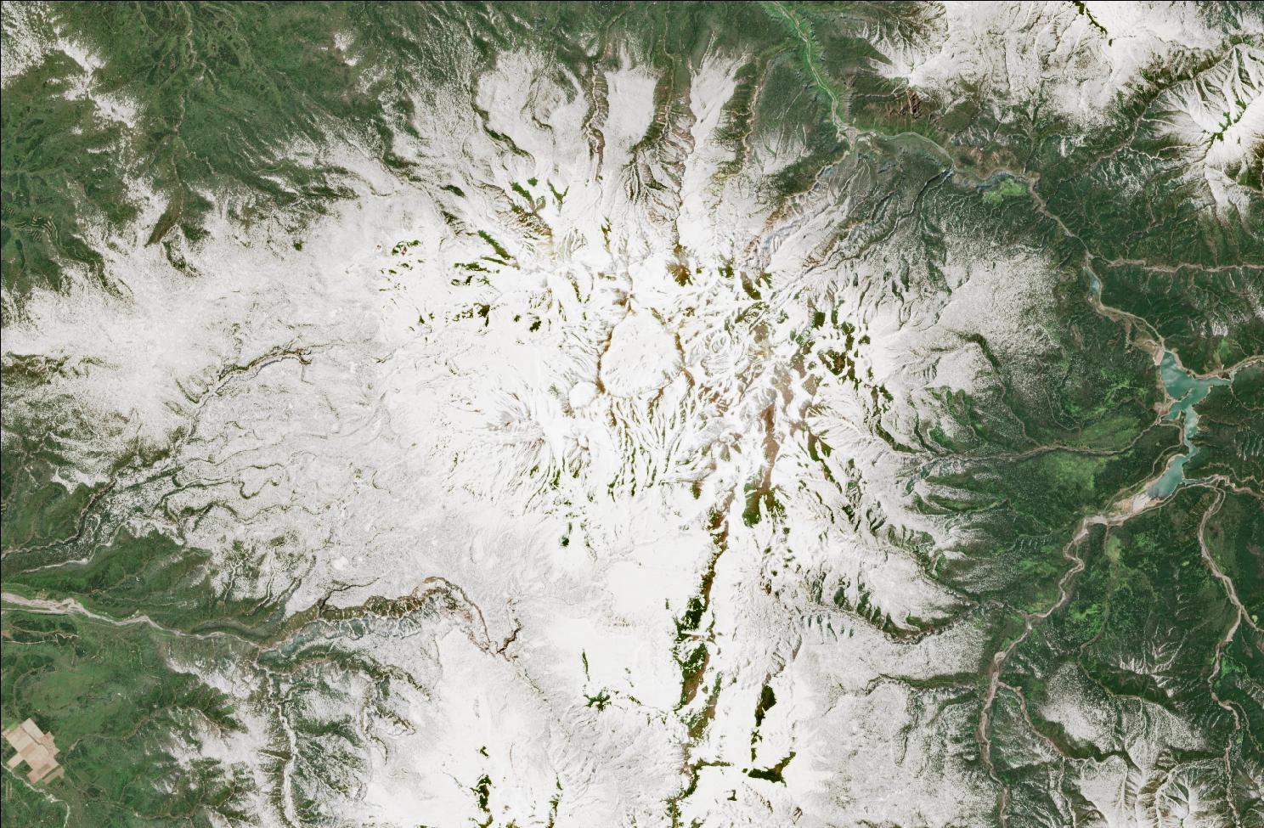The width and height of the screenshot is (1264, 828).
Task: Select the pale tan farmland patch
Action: (x=32, y=751)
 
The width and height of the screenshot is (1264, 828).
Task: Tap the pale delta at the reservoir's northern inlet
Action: (x=1160, y=348)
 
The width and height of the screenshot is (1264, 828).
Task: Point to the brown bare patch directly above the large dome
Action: (x=680, y=272)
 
